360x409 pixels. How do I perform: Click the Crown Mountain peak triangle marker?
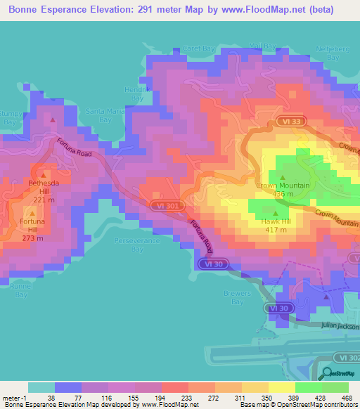(283, 177)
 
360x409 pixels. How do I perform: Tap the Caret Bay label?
(199, 48)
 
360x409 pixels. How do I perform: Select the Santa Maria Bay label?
(98, 115)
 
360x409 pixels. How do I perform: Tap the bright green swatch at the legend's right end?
(335, 387)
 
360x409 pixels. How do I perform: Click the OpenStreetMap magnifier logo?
(327, 375)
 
